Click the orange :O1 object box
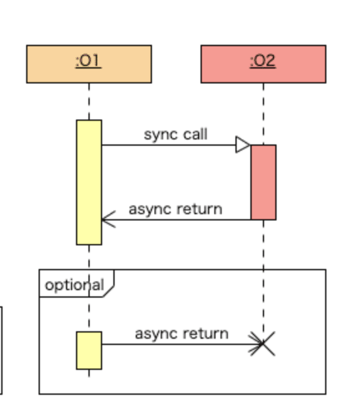[89, 64]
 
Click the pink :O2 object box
[263, 64]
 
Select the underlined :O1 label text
[88, 61]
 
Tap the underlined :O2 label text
[263, 61]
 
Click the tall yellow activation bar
[89, 182]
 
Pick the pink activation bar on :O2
[263, 182]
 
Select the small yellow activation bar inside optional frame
[89, 351]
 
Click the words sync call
[176, 134]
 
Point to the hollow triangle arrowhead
[243, 144]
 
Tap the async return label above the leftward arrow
[176, 209]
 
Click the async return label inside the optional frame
[182, 334]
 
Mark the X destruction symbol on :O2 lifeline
[262, 344]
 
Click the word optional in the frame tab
[75, 285]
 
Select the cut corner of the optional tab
[108, 291]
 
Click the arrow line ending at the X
[182, 344]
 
